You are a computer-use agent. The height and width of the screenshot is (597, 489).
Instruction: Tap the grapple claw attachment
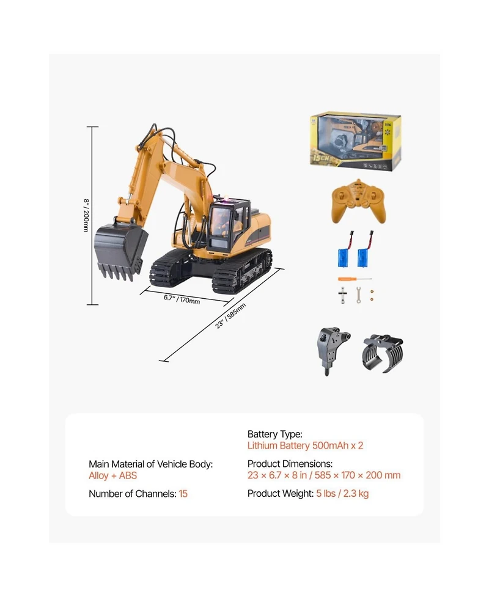pyautogui.click(x=383, y=353)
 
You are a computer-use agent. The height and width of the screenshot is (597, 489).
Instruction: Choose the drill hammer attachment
pyautogui.click(x=333, y=350)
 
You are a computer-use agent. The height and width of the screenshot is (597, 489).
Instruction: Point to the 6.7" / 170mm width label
pyautogui.click(x=182, y=299)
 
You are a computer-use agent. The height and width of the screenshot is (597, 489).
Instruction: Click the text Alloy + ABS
pyautogui.click(x=113, y=475)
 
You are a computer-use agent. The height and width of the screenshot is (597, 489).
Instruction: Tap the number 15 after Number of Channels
pyautogui.click(x=183, y=494)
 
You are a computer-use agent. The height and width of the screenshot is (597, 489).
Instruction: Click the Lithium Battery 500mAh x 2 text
pyautogui.click(x=305, y=445)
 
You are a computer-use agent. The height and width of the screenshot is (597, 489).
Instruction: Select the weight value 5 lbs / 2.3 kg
pyautogui.click(x=342, y=494)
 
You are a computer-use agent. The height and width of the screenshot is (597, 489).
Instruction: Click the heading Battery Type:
pyautogui.click(x=275, y=434)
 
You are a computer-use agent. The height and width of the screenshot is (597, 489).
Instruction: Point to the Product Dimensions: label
pyautogui.click(x=290, y=464)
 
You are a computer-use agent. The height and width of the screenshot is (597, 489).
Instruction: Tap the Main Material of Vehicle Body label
pyautogui.click(x=150, y=464)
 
